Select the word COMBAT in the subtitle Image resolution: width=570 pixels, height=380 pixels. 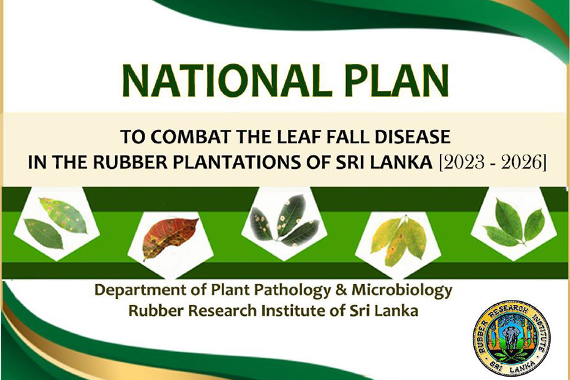coord(190,137)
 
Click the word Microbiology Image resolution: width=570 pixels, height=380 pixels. coord(402,291)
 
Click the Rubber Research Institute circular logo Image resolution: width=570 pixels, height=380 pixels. coord(512,338)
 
